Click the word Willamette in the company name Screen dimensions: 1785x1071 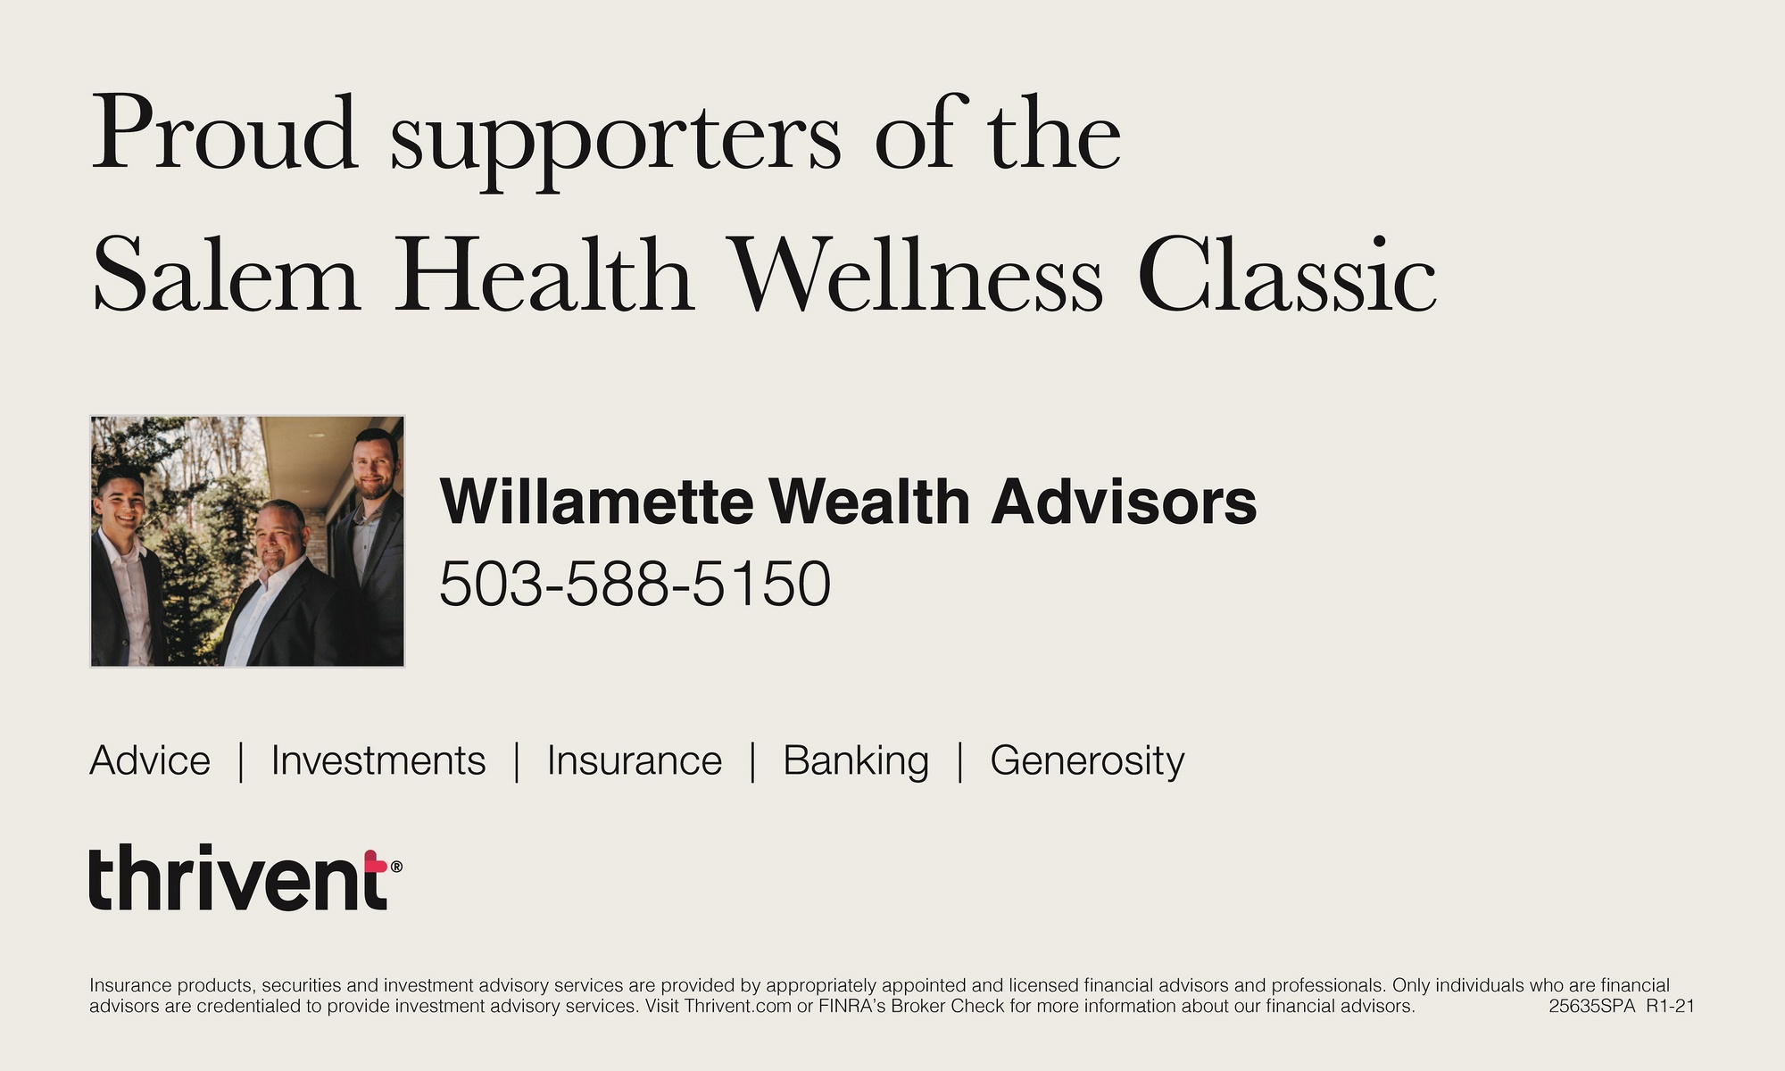pyautogui.click(x=596, y=501)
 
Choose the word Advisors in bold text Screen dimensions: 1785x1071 pyautogui.click(x=1124, y=501)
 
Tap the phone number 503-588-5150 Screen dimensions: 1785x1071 pyautogui.click(x=635, y=584)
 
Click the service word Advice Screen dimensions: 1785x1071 pyautogui.click(x=150, y=760)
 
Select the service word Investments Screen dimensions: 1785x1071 pyautogui.click(x=378, y=760)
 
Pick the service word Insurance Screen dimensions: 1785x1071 pyautogui.click(x=635, y=760)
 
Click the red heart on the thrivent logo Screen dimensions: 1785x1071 pyautogui.click(x=376, y=861)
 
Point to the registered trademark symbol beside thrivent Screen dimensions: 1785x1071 pyautogui.click(x=396, y=866)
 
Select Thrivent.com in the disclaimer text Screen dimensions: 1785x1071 pyautogui.click(x=738, y=1006)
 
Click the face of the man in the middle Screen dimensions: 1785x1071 pyautogui.click(x=279, y=537)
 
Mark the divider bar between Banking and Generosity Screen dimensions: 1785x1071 pyautogui.click(x=959, y=761)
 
